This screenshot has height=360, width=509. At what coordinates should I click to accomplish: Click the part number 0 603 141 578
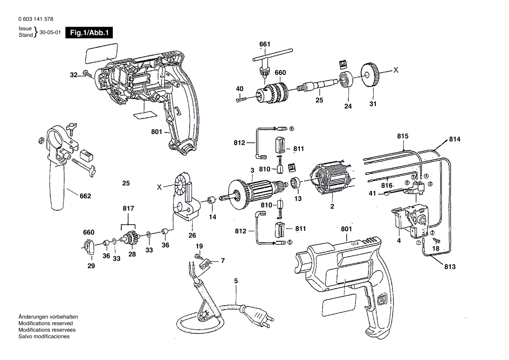tap(36, 20)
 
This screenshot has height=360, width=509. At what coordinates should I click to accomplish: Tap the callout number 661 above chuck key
tap(265, 44)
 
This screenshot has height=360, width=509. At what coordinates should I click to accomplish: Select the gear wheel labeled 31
tap(370, 75)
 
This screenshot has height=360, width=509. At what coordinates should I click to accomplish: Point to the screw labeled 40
tap(241, 100)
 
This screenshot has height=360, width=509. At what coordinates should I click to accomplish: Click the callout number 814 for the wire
tap(454, 139)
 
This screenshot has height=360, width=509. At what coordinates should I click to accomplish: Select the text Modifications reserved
tap(45, 323)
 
